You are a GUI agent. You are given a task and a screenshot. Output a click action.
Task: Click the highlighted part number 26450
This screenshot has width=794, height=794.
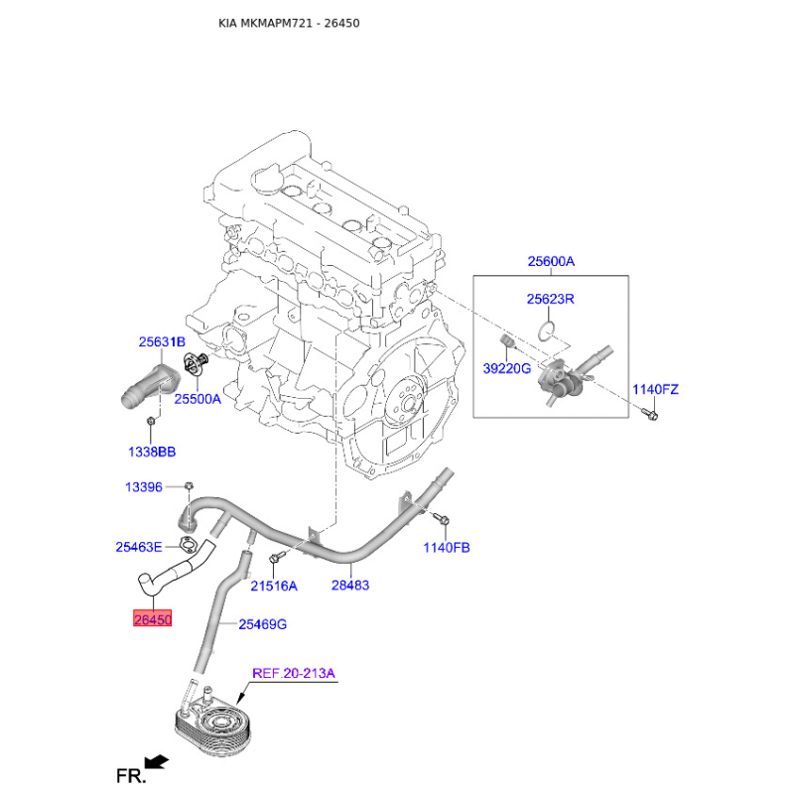(153, 619)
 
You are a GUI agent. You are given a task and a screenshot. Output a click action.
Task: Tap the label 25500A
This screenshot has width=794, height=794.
(198, 399)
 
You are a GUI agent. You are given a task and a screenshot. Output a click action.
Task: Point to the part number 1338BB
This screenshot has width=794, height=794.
(151, 452)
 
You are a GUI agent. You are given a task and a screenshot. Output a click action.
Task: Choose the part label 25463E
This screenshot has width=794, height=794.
(138, 546)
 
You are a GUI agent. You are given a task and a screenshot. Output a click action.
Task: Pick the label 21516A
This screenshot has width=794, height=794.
(273, 586)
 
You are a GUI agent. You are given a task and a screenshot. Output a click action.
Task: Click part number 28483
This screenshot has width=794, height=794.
(350, 586)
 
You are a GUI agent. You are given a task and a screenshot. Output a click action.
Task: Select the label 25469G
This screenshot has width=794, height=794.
(262, 624)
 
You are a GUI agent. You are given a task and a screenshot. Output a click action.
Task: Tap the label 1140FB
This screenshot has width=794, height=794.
(447, 547)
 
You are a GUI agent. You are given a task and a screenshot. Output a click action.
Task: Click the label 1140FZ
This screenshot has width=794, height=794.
(655, 389)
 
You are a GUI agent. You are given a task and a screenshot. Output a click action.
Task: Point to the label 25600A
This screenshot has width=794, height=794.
(551, 262)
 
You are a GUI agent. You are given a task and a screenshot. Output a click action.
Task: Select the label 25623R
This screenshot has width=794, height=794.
(551, 298)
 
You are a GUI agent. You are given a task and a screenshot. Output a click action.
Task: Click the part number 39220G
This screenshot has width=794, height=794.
(506, 368)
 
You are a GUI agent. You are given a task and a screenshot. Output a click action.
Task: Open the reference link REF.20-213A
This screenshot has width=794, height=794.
(294, 673)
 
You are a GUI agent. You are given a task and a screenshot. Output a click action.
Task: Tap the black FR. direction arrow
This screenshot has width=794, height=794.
(154, 761)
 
